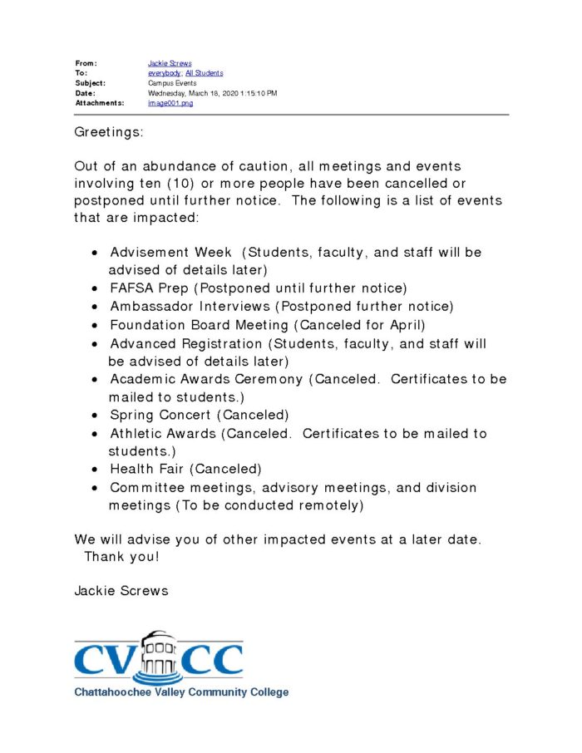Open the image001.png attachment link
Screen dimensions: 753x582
(170, 103)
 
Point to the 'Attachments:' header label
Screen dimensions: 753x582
(100, 103)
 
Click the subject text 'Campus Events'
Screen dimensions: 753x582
(172, 83)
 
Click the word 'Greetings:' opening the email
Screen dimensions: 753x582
(109, 133)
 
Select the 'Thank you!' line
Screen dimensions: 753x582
(121, 557)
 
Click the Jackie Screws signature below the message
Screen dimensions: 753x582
(121, 591)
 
